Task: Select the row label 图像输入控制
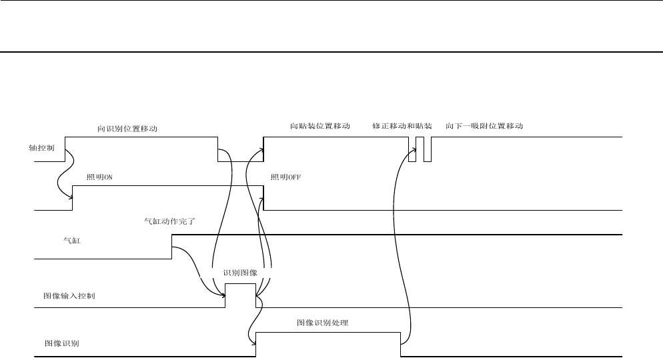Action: click(69, 295)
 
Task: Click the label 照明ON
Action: click(101, 177)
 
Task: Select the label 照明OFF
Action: click(286, 177)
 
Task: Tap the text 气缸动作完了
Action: click(168, 221)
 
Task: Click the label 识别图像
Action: click(240, 273)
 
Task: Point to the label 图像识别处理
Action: click(323, 323)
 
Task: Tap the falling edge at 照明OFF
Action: click(263, 198)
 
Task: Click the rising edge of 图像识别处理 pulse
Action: click(257, 345)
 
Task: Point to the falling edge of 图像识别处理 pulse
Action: click(400, 345)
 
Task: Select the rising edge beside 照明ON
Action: click(72, 198)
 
